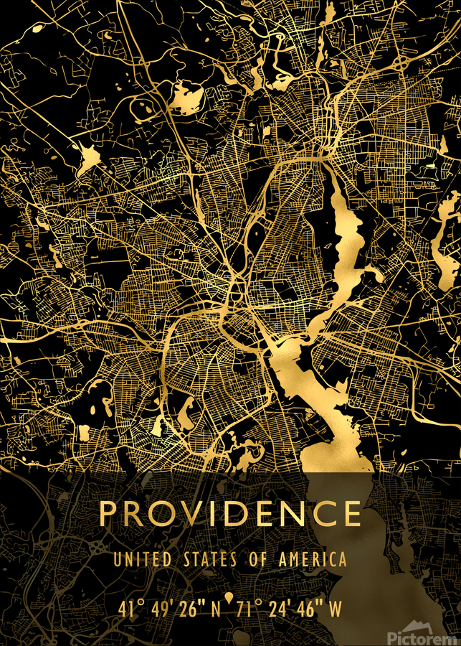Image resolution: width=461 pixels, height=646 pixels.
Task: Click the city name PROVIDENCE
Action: pos(230,513)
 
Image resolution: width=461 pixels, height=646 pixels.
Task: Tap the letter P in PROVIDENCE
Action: pos(109,513)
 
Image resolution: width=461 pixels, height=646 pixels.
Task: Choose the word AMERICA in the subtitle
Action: pos(312,559)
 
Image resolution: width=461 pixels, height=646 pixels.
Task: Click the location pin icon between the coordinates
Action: pos(229,598)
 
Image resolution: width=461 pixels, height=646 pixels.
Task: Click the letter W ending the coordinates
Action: pos(336,609)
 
